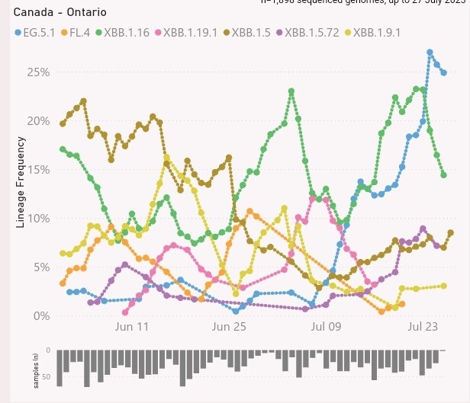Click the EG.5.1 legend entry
(38, 33)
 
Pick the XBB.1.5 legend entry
(251, 33)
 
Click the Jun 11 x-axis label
(130, 328)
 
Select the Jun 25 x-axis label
(228, 328)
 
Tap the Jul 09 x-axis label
(326, 328)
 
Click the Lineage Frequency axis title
(21, 183)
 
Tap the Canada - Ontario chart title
(60, 13)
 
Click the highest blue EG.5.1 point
(430, 52)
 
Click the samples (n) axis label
(35, 369)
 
